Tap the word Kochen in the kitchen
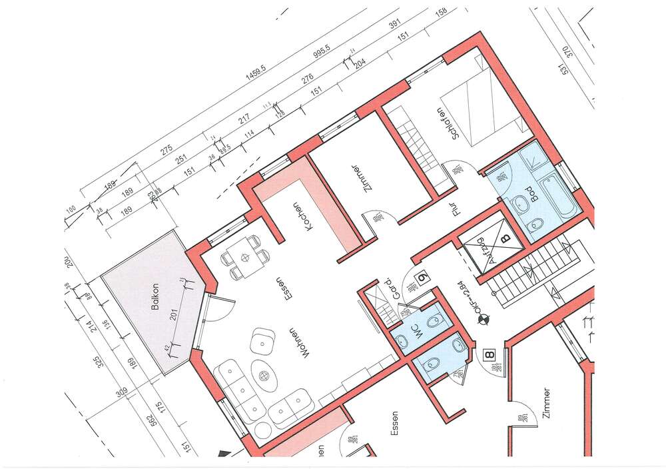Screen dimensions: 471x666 [300, 216]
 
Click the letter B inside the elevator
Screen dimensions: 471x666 [505, 236]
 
